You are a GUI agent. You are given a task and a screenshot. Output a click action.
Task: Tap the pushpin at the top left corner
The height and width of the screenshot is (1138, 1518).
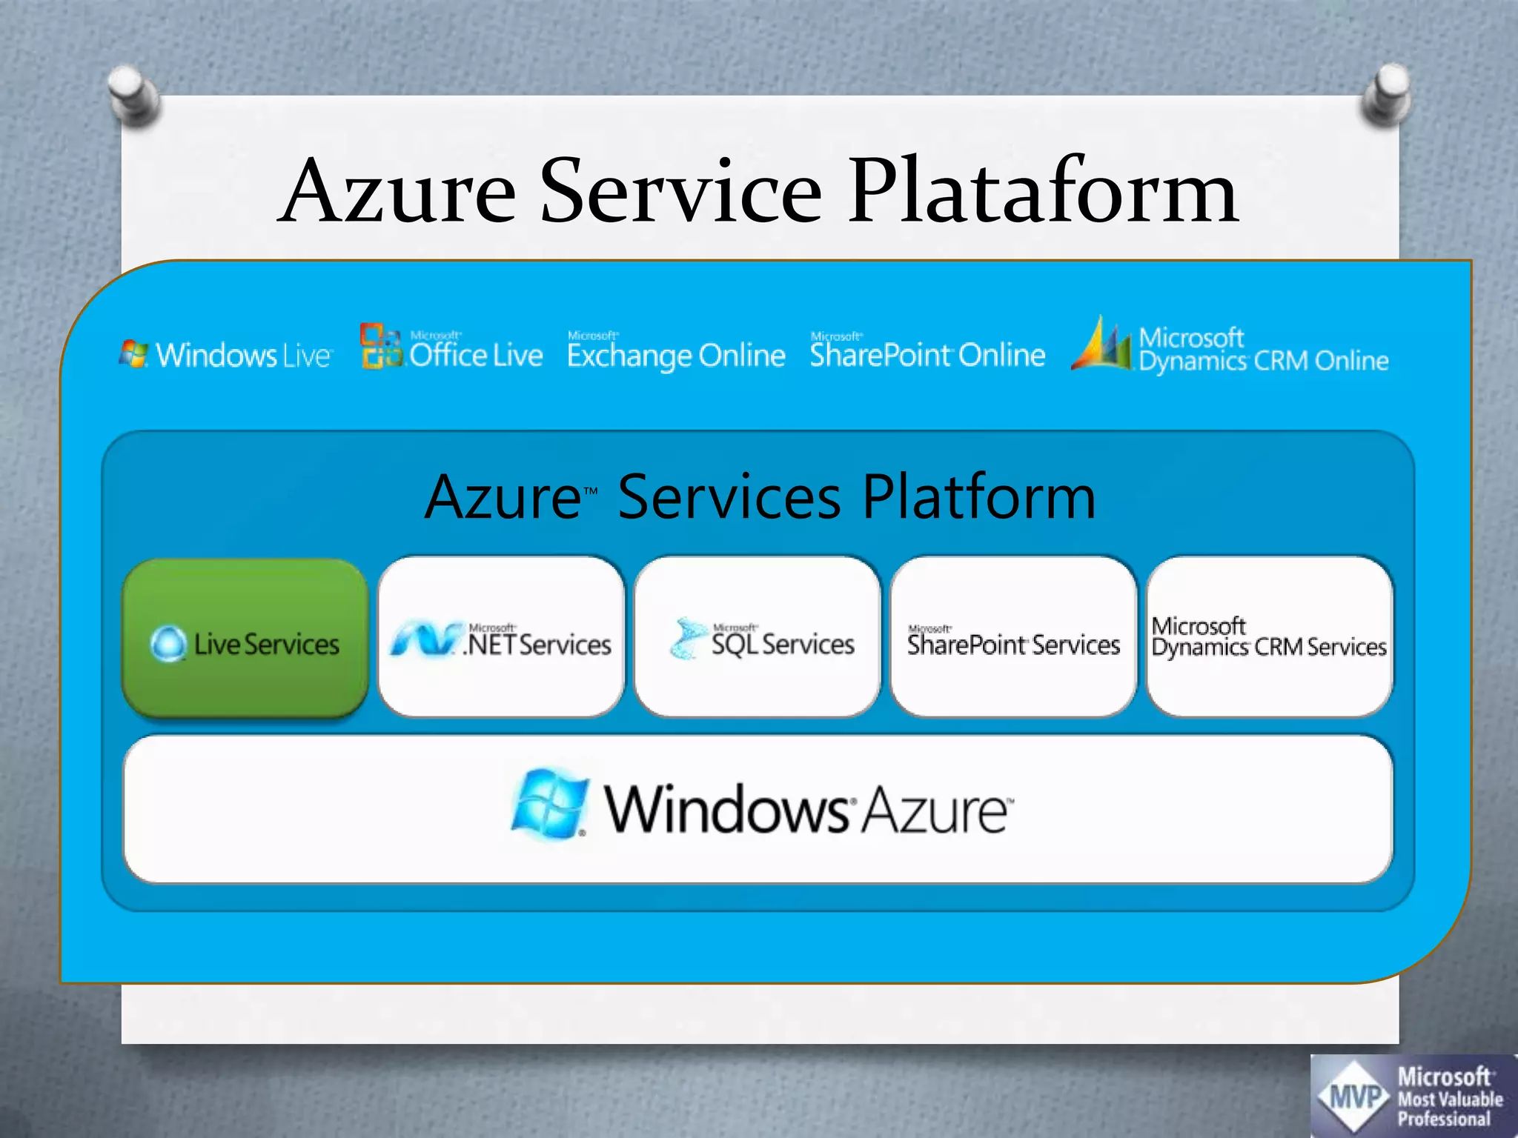click(x=133, y=94)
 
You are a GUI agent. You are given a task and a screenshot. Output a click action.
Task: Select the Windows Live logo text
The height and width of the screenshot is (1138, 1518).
click(x=242, y=356)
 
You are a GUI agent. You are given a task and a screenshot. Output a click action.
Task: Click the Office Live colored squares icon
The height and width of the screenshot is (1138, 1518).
click(x=380, y=345)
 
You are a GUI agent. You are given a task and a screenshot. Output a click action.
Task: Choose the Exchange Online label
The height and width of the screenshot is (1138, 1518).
click(x=675, y=356)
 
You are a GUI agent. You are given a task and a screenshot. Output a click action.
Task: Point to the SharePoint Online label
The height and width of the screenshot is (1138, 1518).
click(x=927, y=354)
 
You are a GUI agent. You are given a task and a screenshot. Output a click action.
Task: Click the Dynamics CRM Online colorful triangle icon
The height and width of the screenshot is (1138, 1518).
click(x=1102, y=345)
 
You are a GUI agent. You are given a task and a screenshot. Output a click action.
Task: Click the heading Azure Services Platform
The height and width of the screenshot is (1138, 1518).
click(x=759, y=497)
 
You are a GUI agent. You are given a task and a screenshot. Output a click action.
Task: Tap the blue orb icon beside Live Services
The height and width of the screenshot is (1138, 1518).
click(x=168, y=644)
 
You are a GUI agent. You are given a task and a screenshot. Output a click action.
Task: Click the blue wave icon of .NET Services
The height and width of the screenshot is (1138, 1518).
click(x=423, y=640)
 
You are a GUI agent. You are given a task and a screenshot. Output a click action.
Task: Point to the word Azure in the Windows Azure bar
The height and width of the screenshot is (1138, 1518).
click(x=935, y=811)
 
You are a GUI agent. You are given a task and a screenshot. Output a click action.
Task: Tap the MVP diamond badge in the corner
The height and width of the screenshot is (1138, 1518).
click(x=1354, y=1095)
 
